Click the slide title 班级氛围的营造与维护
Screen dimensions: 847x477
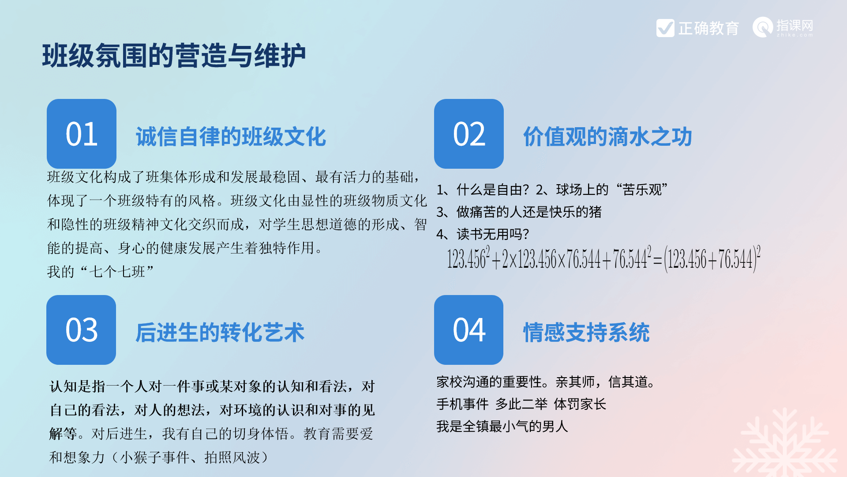pos(174,56)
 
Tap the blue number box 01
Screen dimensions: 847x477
pos(82,133)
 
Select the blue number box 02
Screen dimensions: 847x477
pos(469,133)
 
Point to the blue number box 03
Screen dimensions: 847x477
pos(81,329)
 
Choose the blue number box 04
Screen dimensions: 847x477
pos(468,329)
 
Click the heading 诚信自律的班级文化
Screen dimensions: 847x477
pos(231,136)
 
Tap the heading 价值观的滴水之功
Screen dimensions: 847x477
pos(607,136)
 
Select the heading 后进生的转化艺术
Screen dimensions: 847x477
pos(220,333)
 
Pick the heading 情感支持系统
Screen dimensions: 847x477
pos(586,333)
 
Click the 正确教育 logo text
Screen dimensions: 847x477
pos(708,28)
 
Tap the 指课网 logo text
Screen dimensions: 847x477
pos(795,25)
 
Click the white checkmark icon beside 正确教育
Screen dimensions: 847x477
pos(665,28)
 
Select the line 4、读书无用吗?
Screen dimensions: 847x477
pos(483,234)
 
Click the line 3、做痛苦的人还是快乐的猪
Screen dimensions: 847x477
pos(519,212)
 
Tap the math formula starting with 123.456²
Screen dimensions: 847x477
pos(603,259)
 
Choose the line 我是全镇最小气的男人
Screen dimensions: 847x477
pos(502,426)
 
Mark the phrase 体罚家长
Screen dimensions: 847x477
pos(580,404)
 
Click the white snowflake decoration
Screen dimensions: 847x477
pos(785,444)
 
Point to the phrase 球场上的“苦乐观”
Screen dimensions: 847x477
pos(612,190)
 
